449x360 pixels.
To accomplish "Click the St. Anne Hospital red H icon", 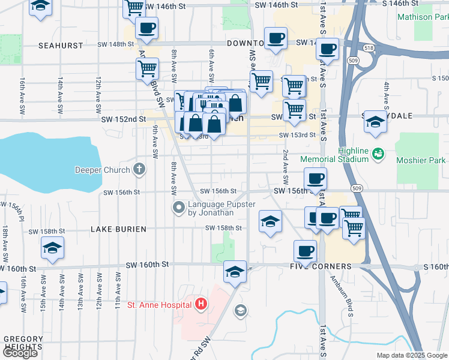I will (201, 305).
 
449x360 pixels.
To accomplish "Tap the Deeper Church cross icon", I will (139, 169).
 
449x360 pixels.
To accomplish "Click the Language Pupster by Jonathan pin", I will (178, 208).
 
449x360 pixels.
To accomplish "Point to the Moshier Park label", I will (421, 160).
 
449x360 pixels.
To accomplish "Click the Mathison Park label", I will (423, 17).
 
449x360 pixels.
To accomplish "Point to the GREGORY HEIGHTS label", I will (23, 343).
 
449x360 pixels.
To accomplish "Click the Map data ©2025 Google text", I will (411, 355).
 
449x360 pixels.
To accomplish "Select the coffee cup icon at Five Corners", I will (306, 250).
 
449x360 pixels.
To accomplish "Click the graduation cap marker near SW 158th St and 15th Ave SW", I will (52, 247).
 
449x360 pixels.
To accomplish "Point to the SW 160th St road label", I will (148, 265).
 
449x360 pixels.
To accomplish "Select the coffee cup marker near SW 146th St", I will (146, 28).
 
